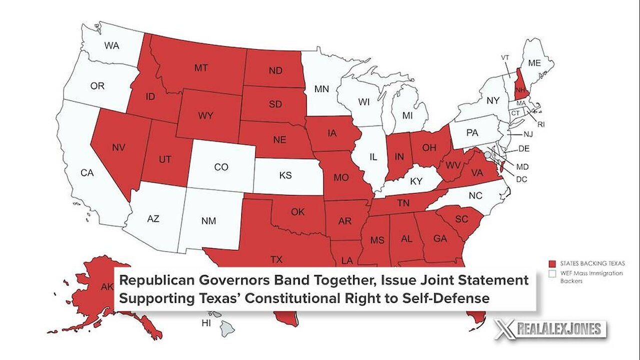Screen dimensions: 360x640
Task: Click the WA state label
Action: click(x=111, y=45)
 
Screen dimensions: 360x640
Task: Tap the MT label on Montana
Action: click(x=201, y=68)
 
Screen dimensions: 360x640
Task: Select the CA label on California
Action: click(x=87, y=173)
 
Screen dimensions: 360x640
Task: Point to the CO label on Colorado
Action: click(x=221, y=167)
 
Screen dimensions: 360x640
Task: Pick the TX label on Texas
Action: click(x=276, y=259)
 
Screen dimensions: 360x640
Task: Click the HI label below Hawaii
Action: click(x=206, y=323)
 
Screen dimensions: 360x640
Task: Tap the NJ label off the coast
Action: click(x=527, y=135)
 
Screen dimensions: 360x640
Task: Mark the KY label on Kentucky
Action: click(x=416, y=181)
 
